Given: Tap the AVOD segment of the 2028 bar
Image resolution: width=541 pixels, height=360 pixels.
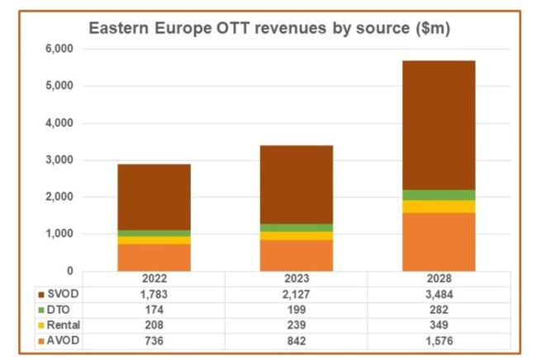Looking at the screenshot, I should coord(438,242).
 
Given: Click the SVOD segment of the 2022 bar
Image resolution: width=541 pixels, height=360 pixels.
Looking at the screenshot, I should coord(154,197).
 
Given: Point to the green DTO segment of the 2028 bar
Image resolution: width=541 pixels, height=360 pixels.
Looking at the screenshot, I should coord(438,195).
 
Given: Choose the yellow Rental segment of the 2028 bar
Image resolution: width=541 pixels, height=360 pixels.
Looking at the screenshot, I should coord(438,206).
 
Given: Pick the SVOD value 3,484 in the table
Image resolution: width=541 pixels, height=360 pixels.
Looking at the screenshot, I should coord(438,294).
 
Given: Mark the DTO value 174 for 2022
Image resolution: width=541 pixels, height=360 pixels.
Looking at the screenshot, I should coord(154,308).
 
